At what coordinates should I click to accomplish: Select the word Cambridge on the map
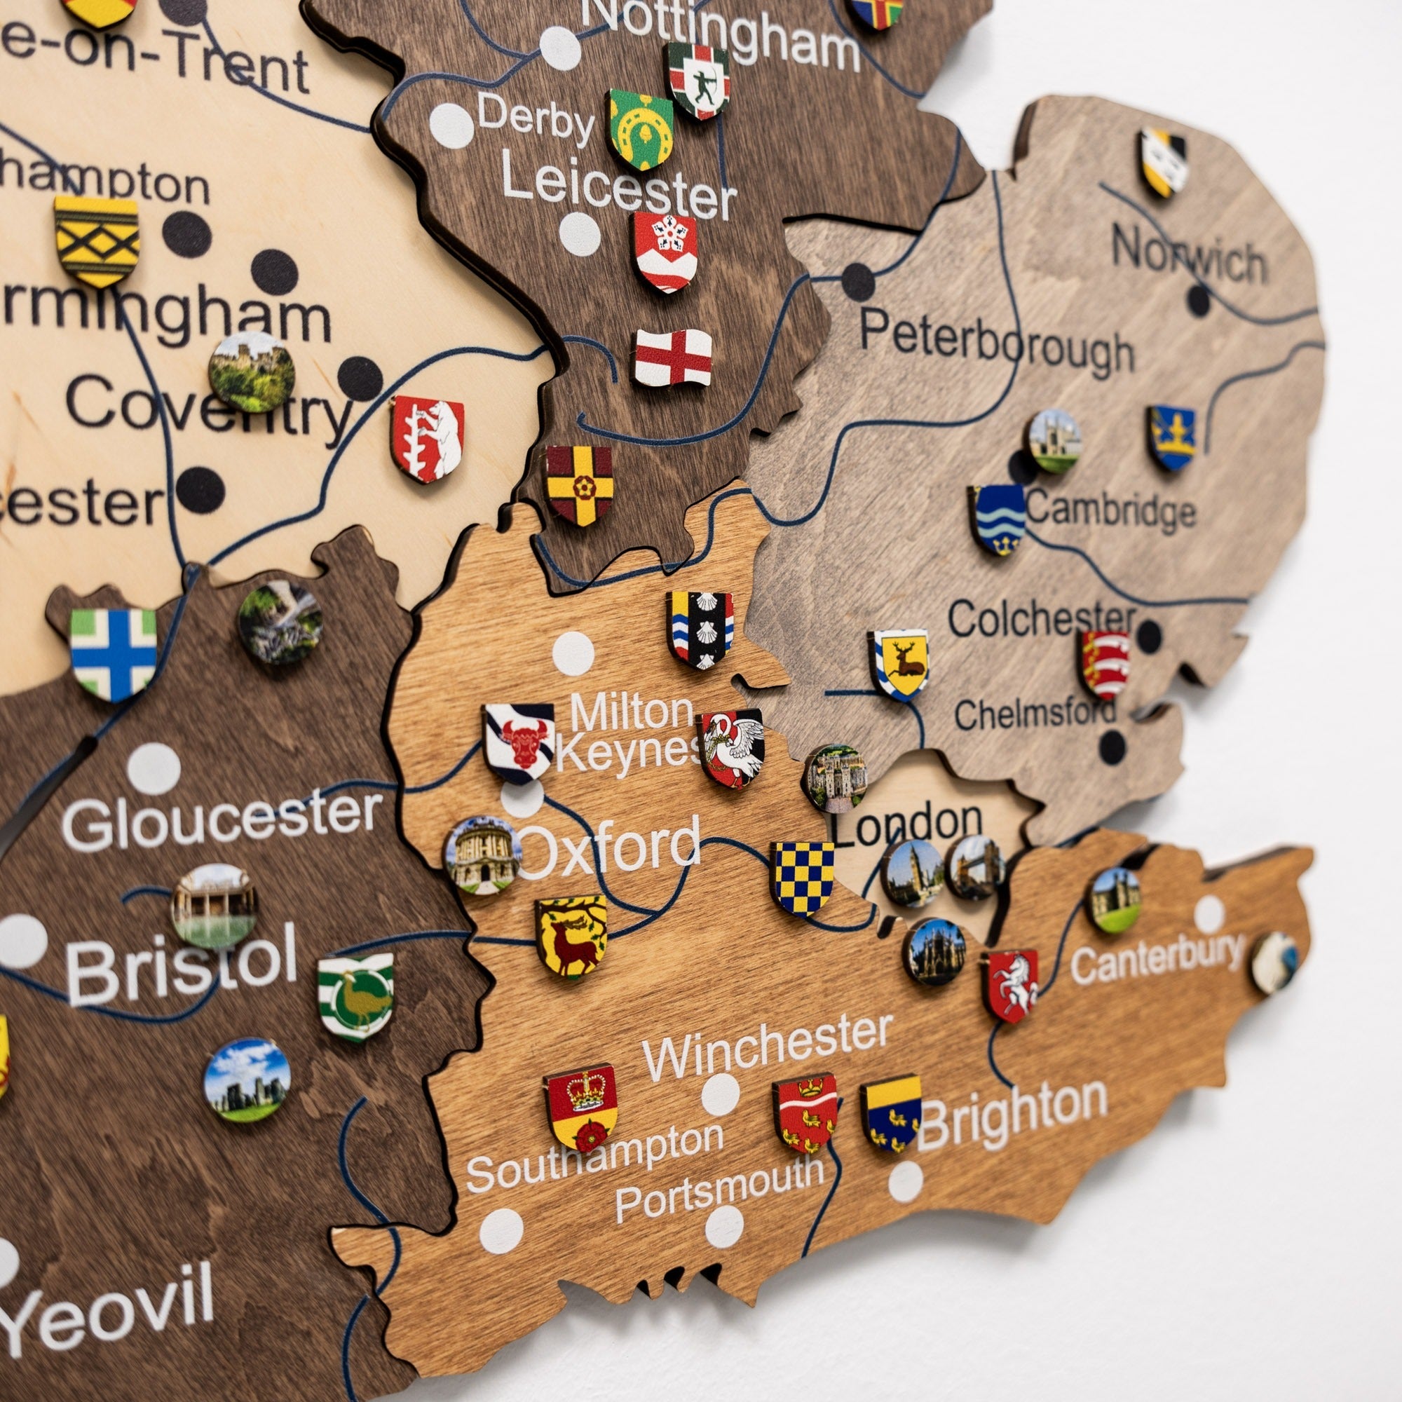pyautogui.click(x=1110, y=510)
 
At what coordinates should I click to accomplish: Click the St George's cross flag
pyautogui.click(x=673, y=357)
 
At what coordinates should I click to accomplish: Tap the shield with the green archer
pyautogui.click(x=698, y=80)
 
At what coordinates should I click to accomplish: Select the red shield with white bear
pyautogui.click(x=428, y=438)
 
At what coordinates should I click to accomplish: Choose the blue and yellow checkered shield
pyautogui.click(x=802, y=878)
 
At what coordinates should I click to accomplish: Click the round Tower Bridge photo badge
pyautogui.click(x=974, y=867)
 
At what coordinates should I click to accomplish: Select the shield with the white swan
pyautogui.click(x=730, y=748)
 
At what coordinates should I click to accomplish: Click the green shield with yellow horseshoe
pyautogui.click(x=640, y=128)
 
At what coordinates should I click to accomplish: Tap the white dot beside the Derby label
pyautogui.click(x=451, y=125)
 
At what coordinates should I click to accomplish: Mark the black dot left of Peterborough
pyautogui.click(x=858, y=282)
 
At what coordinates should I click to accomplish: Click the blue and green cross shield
pyautogui.click(x=113, y=653)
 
